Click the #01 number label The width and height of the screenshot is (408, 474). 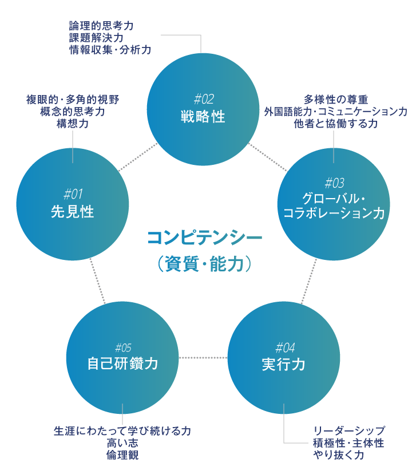coord(73,193)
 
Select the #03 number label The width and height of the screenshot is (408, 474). coord(334,183)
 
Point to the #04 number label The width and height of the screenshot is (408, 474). coord(284,347)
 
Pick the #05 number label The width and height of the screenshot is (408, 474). coord(123,347)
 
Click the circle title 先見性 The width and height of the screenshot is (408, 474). coord(73,212)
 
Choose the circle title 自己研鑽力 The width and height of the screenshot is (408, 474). coord(122,364)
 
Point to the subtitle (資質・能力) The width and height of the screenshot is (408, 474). coord(204,264)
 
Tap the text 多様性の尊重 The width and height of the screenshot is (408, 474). coord(335,99)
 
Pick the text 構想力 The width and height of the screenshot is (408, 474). coord(73,124)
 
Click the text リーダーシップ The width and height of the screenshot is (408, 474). coord(348,430)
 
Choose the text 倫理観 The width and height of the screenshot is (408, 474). coord(122,455)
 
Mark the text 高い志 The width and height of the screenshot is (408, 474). coord(122,443)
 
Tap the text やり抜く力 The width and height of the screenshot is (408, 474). coord(338,455)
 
